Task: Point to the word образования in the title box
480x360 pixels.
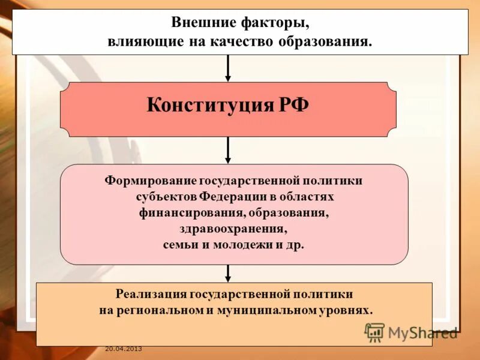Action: pos(325,42)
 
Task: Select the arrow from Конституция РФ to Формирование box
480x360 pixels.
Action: pos(228,150)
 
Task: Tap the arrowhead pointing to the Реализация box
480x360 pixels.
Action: pos(228,277)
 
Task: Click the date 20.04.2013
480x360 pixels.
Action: pos(123,349)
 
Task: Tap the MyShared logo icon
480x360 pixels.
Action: pos(374,332)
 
